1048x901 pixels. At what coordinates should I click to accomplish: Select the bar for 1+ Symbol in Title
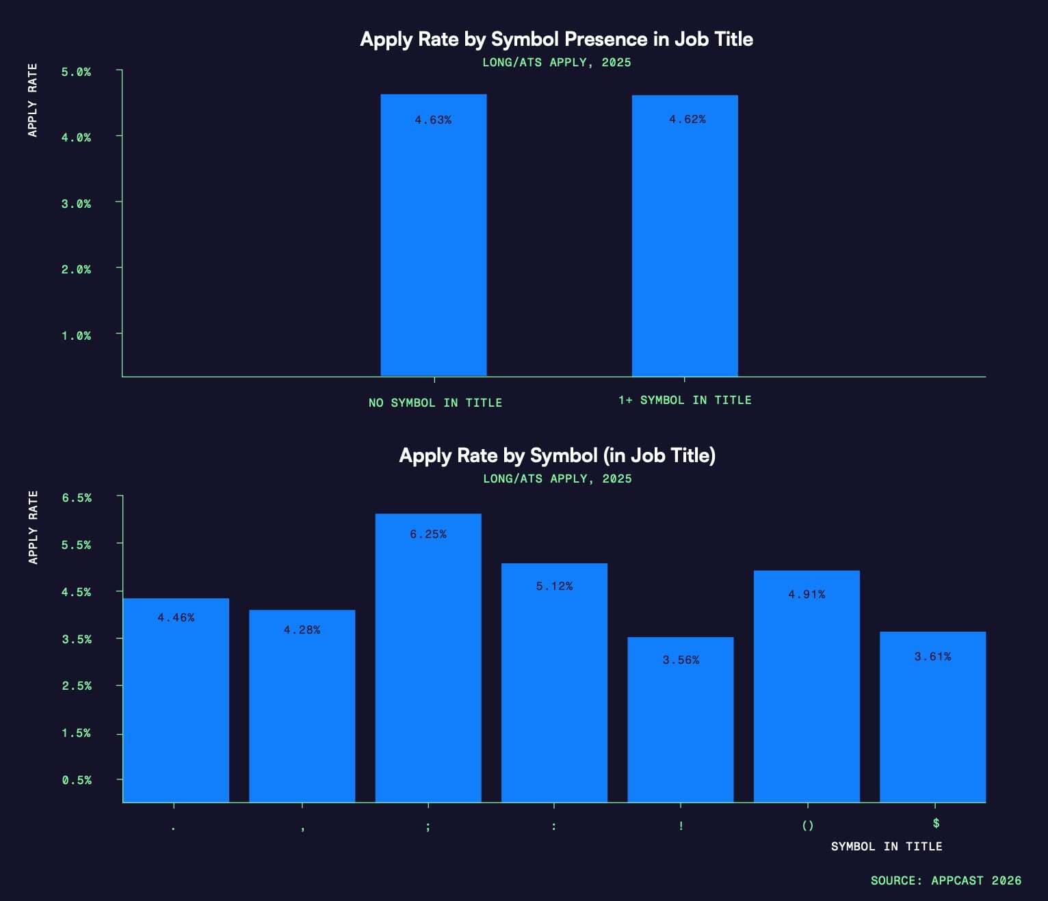point(685,235)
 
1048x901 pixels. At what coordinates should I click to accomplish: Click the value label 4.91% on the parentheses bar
point(807,595)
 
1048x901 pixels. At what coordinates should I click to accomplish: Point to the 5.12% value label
point(554,587)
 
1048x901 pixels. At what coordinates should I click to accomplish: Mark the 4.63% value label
point(433,120)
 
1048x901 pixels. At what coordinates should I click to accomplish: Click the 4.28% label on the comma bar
point(302,630)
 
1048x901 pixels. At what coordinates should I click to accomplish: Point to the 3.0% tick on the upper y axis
point(76,204)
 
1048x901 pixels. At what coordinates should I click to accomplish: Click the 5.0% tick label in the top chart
point(76,72)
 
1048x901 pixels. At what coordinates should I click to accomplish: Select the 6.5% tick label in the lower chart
point(77,498)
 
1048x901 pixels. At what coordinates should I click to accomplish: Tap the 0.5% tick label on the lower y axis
point(77,780)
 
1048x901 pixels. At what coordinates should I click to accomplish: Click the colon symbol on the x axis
point(554,826)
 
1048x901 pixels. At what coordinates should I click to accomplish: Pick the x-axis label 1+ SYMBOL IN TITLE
point(685,401)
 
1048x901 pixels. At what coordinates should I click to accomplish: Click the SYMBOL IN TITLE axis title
point(887,846)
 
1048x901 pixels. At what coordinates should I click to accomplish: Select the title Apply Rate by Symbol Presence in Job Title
point(556,39)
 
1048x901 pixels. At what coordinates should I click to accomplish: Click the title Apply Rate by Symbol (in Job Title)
point(557,455)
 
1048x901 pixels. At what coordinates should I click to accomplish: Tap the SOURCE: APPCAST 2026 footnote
point(945,880)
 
